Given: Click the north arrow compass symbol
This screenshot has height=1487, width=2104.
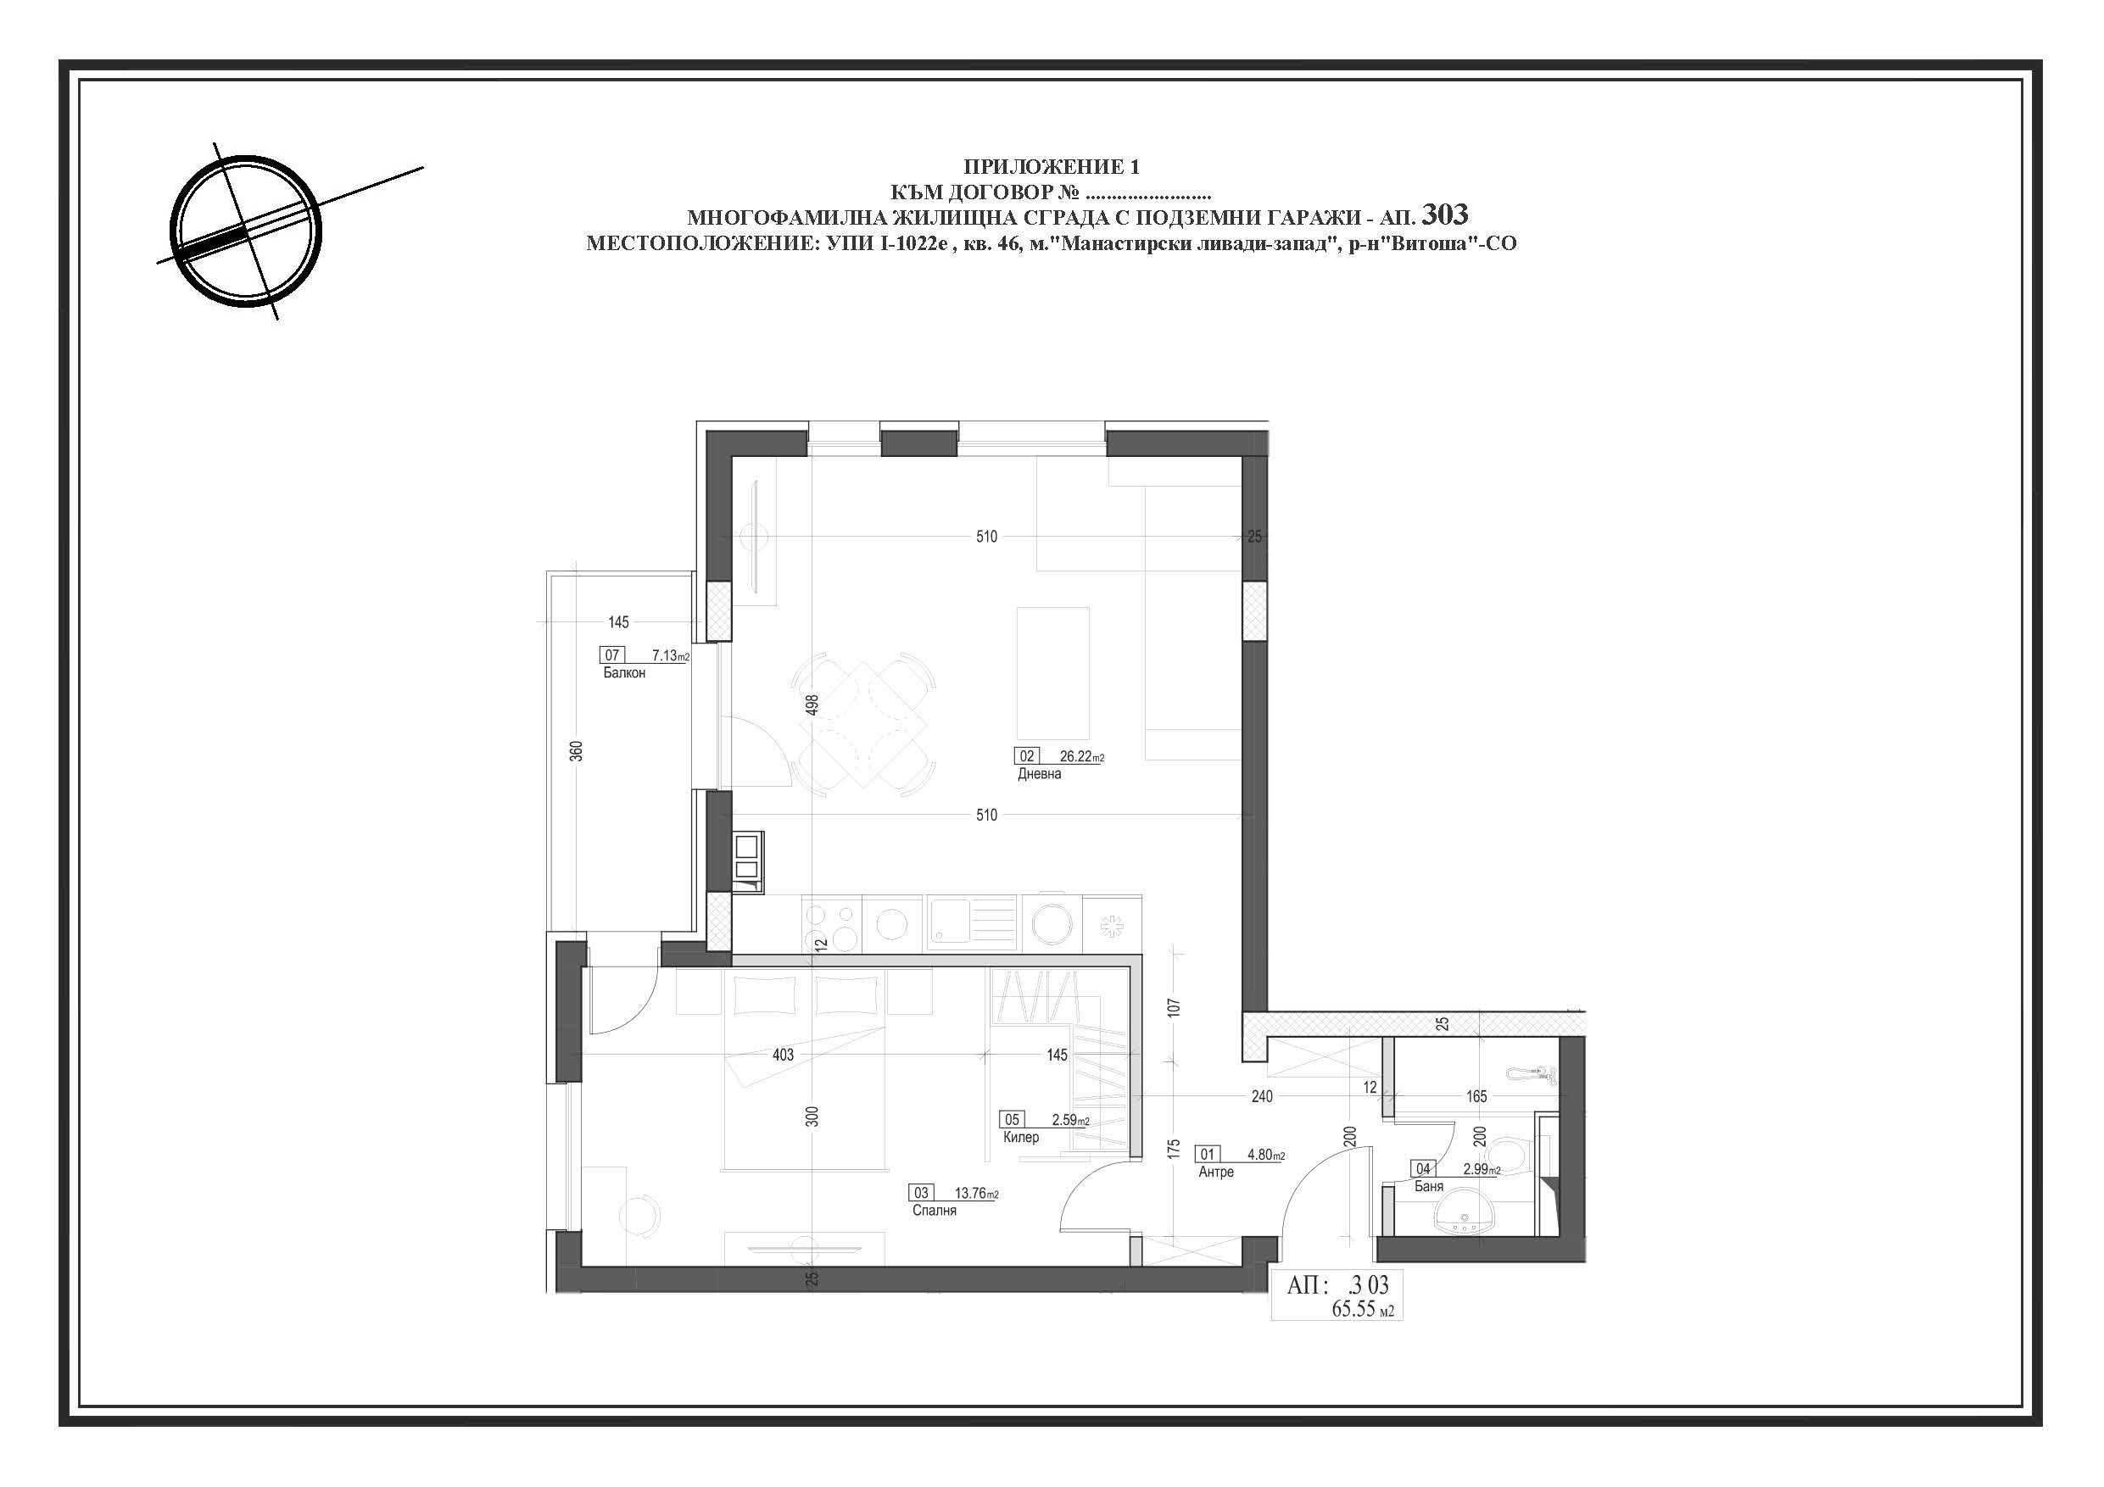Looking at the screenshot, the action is click(247, 231).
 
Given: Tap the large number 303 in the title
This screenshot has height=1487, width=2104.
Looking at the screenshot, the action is click(1444, 214).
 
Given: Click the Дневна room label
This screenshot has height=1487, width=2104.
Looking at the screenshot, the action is click(1039, 774).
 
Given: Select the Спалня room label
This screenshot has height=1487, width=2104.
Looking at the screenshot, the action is click(934, 1211).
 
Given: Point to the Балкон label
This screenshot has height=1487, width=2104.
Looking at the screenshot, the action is click(624, 672).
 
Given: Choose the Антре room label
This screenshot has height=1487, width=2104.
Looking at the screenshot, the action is click(1216, 1172).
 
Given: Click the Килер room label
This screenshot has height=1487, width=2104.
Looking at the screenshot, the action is click(1021, 1137).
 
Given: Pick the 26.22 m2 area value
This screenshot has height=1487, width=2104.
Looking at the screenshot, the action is click(1081, 757).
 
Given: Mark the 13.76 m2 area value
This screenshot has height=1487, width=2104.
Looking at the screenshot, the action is click(977, 1193).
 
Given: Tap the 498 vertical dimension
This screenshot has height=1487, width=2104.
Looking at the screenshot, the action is click(811, 705).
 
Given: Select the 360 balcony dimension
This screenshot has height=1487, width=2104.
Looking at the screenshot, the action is click(577, 751).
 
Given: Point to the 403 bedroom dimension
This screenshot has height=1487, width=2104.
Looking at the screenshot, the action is click(783, 1055).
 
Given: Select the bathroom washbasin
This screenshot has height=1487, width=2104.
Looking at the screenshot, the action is click(1463, 1212).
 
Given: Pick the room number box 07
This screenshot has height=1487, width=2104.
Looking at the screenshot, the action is click(612, 655).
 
